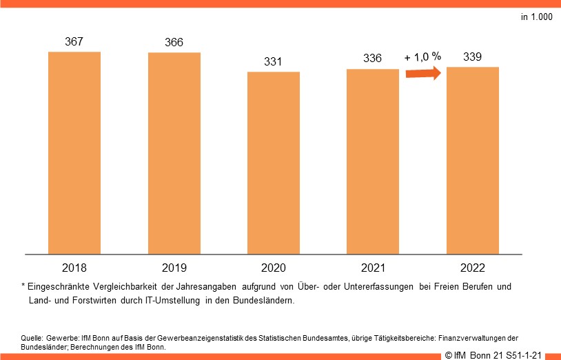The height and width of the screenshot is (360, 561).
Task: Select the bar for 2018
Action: pyautogui.click(x=74, y=152)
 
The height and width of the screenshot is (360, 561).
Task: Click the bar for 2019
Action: pyautogui.click(x=174, y=153)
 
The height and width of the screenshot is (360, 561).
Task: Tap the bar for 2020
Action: pyautogui.click(x=274, y=163)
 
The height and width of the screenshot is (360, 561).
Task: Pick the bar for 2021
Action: pyautogui.click(x=373, y=161)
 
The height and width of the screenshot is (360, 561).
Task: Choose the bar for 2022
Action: pyautogui.click(x=473, y=160)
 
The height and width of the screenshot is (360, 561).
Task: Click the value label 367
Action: pyautogui.click(x=74, y=41)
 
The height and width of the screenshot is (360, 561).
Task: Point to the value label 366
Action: pyautogui.click(x=174, y=43)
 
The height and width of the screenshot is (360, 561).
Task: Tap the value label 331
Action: pyautogui.click(x=274, y=62)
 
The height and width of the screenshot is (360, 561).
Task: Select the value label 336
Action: pyautogui.click(x=373, y=59)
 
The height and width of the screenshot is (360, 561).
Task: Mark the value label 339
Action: pyautogui.click(x=473, y=57)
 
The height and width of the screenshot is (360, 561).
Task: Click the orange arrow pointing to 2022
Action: pyautogui.click(x=422, y=74)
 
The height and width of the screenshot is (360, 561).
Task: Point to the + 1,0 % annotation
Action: pyautogui.click(x=422, y=57)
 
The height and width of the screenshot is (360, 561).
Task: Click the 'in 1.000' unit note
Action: pyautogui.click(x=536, y=17)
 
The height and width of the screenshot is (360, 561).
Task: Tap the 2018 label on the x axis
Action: pyautogui.click(x=74, y=267)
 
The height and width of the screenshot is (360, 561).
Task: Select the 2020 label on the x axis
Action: pyautogui.click(x=274, y=267)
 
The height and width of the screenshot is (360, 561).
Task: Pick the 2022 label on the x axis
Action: pyautogui.click(x=473, y=267)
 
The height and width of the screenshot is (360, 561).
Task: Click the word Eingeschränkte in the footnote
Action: pyautogui.click(x=59, y=286)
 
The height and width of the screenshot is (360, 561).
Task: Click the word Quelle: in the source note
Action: pyautogui.click(x=32, y=338)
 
